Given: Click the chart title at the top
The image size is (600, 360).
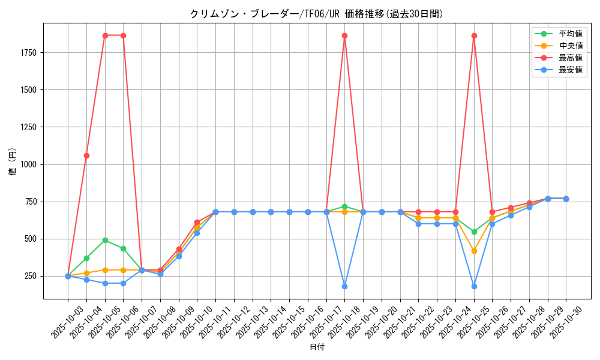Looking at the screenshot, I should pos(317,14).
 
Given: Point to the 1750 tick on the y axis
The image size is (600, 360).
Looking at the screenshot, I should pos(28,53).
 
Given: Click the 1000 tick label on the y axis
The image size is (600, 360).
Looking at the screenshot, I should pos(28,164).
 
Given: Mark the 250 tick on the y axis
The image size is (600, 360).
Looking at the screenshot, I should pos(30,276).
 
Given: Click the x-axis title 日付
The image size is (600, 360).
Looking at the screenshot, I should pos(317,347).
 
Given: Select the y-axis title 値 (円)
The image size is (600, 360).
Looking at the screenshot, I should pos(13,162).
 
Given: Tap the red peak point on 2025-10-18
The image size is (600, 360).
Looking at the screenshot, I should pos(344,36).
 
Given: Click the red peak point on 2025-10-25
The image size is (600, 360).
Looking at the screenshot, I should pos(474,36).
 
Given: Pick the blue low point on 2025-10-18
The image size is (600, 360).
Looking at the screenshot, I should pos(344,286).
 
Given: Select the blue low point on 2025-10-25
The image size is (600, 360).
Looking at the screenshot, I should pos(474,286).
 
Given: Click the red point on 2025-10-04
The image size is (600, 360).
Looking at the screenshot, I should pos(86,155).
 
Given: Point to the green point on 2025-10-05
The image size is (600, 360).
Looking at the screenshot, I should pos(105,240).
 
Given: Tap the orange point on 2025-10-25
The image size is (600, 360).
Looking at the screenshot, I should pos(474,251).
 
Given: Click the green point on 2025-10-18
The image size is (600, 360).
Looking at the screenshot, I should pos(344,206).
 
